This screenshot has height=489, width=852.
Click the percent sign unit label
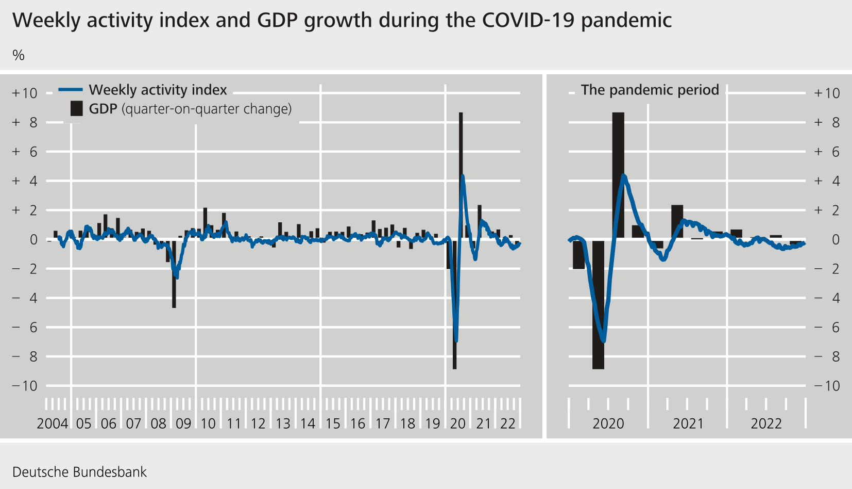(19, 55)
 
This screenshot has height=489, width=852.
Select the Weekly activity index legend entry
(158, 90)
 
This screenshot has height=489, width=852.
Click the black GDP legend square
(76, 109)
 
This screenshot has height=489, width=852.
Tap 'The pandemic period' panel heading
(650, 90)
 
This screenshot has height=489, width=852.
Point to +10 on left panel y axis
(25, 93)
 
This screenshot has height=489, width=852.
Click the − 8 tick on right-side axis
(827, 356)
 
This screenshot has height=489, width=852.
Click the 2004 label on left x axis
(52, 423)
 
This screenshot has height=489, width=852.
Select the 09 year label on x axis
(183, 423)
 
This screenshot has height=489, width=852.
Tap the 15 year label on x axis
(333, 423)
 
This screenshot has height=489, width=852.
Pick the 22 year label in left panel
(507, 423)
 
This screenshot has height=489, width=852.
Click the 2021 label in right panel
(688, 423)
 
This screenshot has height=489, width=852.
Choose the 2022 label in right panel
(766, 423)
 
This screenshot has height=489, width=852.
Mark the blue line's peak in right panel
(624, 176)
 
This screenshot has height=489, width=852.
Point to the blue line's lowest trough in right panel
(604, 341)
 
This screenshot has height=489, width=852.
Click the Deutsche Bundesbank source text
(79, 472)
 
